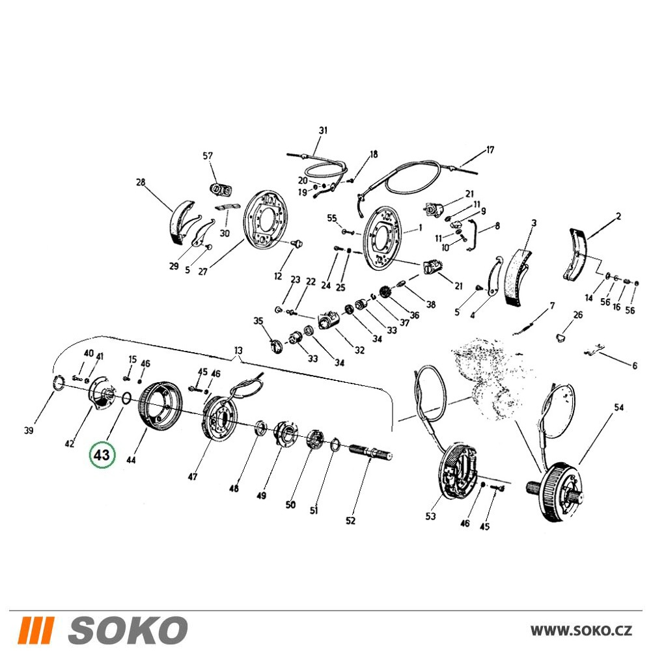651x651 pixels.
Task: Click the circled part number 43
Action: point(102,455)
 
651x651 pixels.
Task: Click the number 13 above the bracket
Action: point(238,350)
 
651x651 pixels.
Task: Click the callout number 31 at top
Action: point(323,130)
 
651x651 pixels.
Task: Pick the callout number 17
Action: point(490,150)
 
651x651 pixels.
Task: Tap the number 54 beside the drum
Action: point(618,408)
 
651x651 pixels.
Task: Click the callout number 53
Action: point(430,516)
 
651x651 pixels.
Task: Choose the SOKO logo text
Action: point(127,630)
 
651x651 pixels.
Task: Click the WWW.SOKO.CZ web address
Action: point(581,631)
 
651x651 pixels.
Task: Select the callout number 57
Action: point(208,156)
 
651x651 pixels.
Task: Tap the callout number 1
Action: point(421,227)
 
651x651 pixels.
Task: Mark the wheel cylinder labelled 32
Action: point(329,321)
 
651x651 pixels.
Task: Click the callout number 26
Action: point(578,315)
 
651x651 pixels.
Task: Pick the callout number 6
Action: point(634,365)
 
